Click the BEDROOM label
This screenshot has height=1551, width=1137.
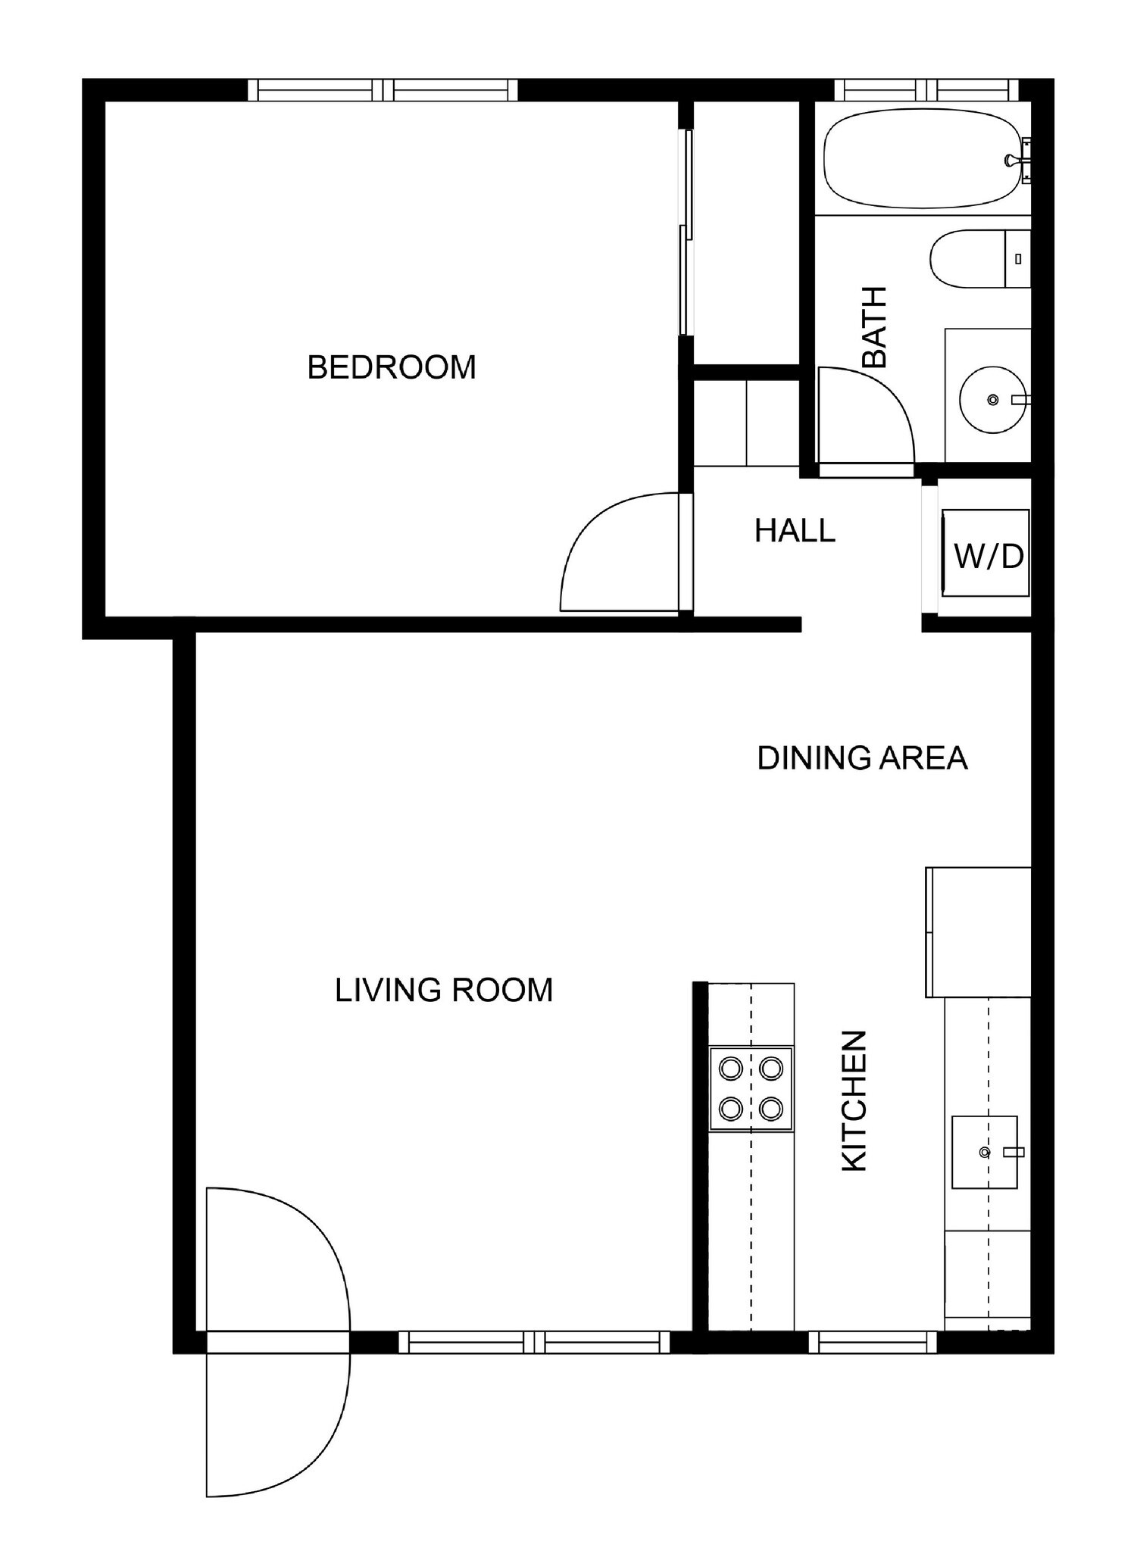pyautogui.click(x=391, y=367)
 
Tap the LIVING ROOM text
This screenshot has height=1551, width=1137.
pyautogui.click(x=444, y=990)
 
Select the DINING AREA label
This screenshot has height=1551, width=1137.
pyautogui.click(x=862, y=758)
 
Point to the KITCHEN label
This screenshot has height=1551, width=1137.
pyautogui.click(x=854, y=1101)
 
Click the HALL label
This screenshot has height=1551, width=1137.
pyautogui.click(x=795, y=531)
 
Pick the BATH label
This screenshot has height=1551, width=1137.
pyautogui.click(x=874, y=326)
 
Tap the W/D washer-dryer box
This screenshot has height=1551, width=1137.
pyautogui.click(x=986, y=553)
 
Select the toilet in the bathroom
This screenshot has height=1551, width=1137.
pyautogui.click(x=977, y=259)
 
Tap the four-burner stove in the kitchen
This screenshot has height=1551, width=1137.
pyautogui.click(x=751, y=1089)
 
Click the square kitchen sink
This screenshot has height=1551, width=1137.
pyautogui.click(x=984, y=1151)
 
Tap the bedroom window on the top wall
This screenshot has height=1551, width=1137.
pyautogui.click(x=383, y=90)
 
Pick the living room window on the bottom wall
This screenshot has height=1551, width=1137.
pyautogui.click(x=534, y=1343)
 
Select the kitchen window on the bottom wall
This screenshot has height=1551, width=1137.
pyautogui.click(x=873, y=1343)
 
